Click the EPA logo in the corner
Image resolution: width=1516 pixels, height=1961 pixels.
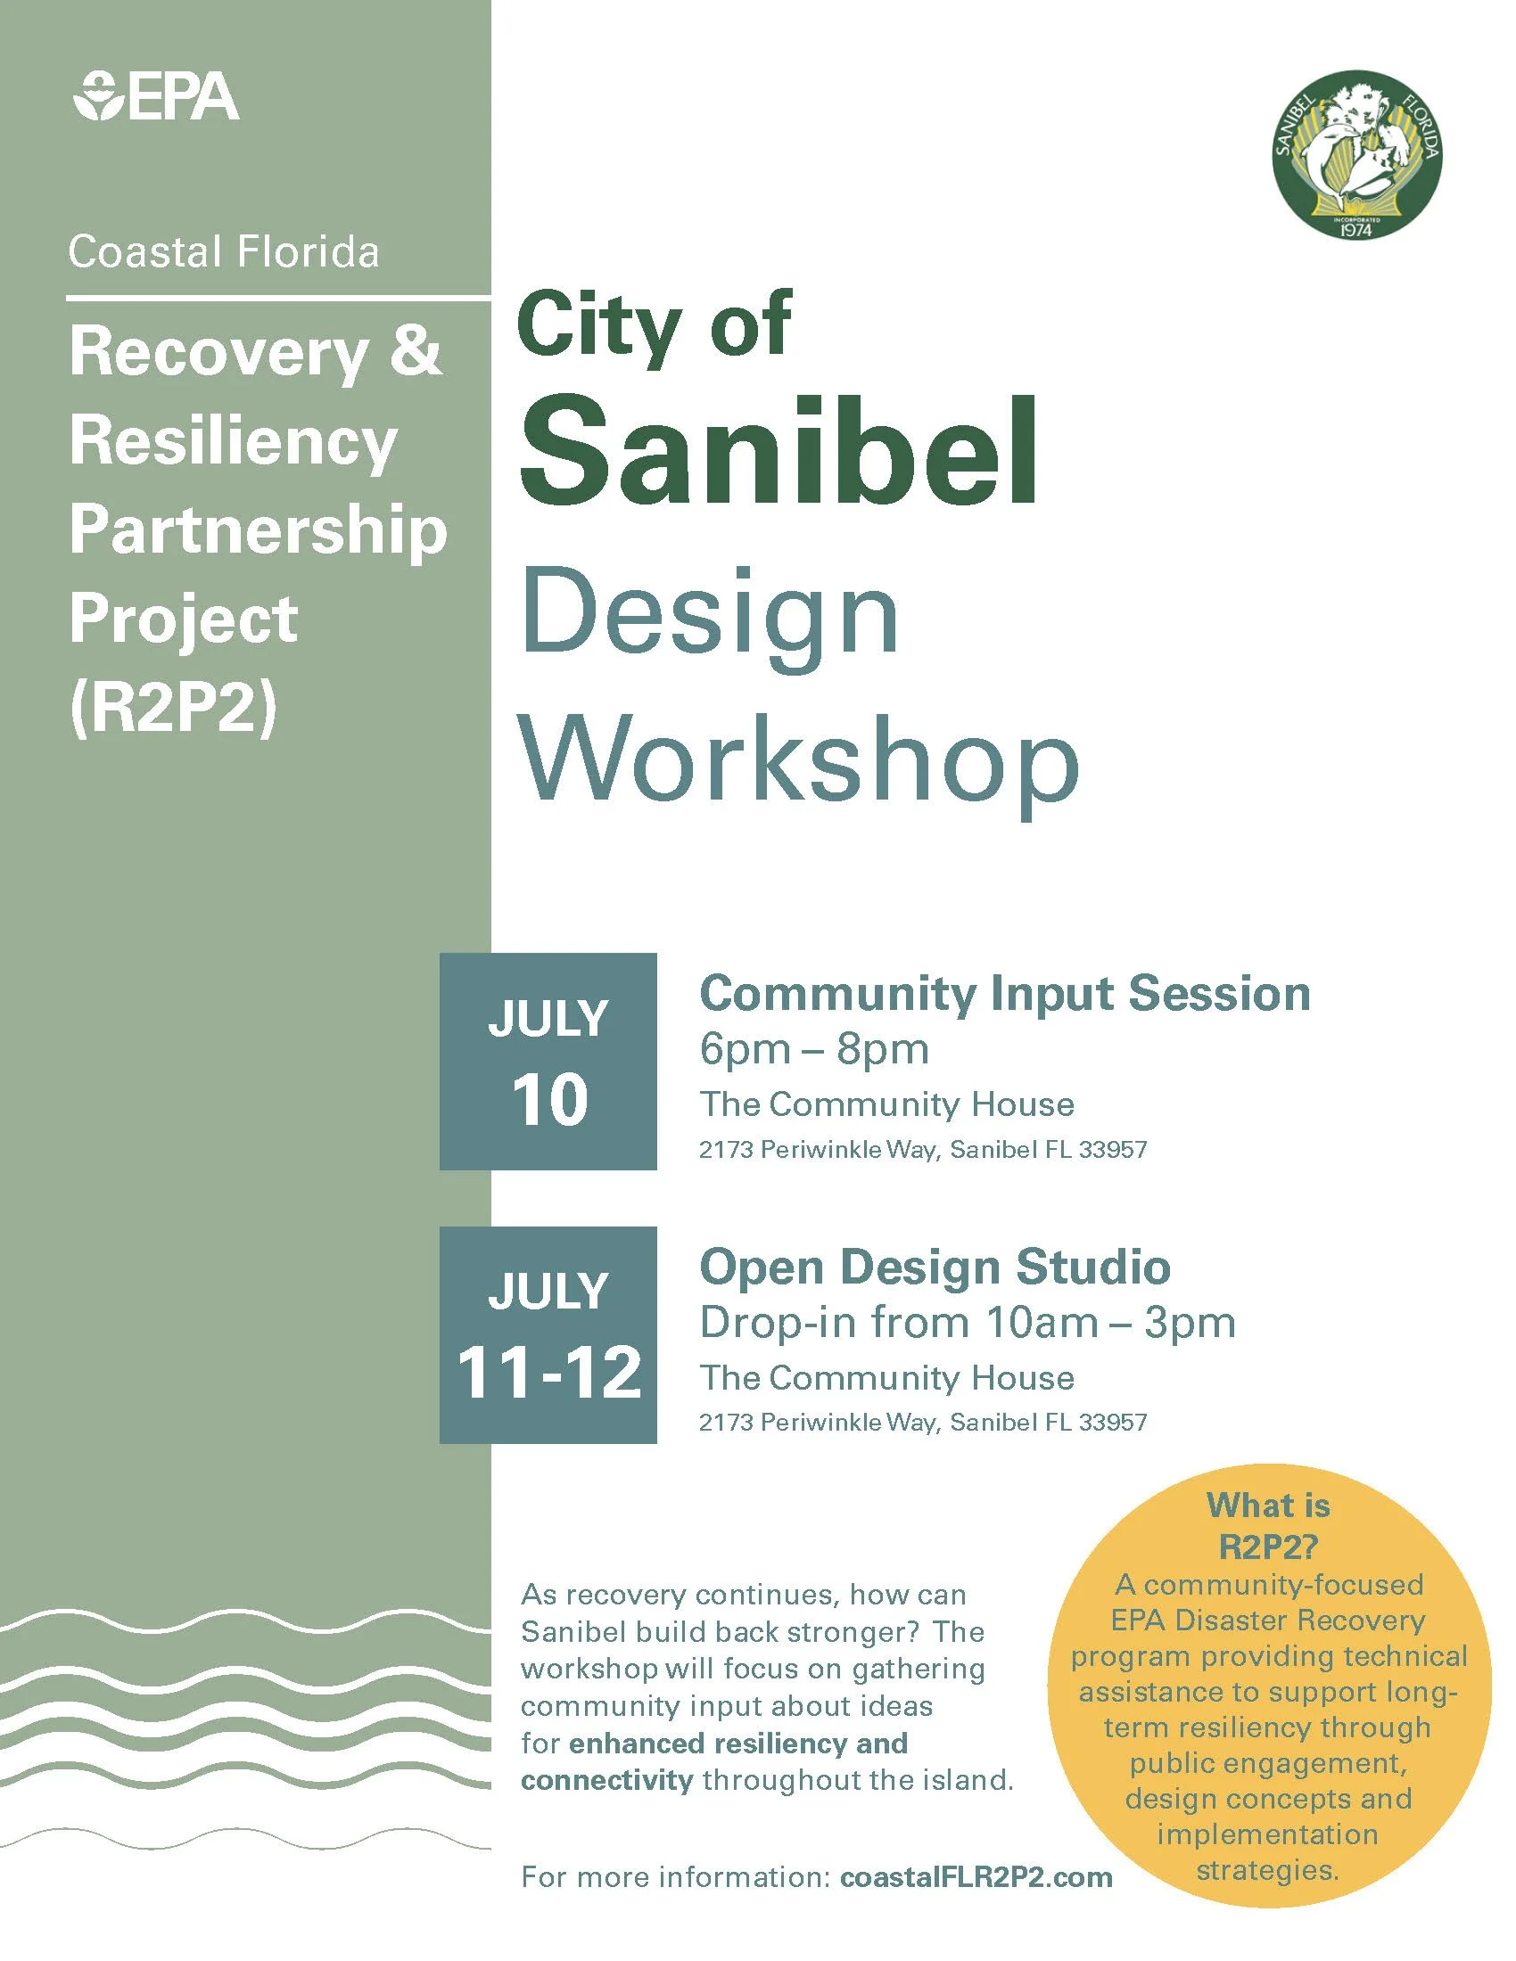[156, 96]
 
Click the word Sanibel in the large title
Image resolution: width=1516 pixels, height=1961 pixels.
[778, 452]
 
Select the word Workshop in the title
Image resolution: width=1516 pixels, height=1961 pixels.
[799, 759]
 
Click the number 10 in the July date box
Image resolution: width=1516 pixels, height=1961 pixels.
[548, 1100]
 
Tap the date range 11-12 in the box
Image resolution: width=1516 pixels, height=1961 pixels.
[548, 1373]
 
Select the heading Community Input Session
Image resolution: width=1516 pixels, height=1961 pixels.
[1004, 994]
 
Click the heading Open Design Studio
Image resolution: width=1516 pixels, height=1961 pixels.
[934, 1267]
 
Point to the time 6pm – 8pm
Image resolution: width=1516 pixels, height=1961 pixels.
[813, 1049]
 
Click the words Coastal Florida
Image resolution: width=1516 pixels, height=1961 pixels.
[224, 252]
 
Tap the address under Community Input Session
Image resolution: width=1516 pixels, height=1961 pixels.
[922, 1150]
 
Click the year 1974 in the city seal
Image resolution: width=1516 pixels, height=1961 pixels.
[1361, 229]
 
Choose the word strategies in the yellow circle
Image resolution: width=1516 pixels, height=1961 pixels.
[1267, 1870]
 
